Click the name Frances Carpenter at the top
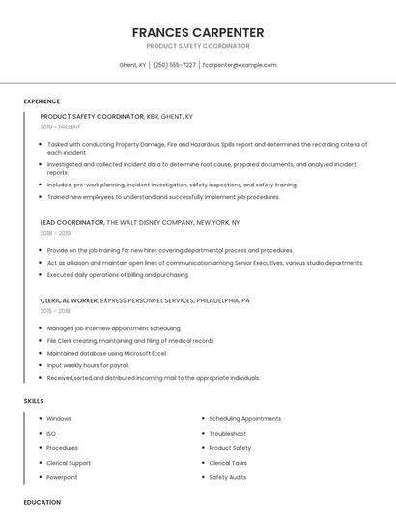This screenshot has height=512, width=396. (198, 32)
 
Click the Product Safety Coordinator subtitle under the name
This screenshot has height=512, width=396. (198, 46)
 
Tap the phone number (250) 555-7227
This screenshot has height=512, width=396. (174, 65)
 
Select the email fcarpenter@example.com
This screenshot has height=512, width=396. (240, 65)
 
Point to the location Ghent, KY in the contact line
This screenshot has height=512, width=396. (132, 65)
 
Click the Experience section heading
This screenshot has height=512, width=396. (42, 101)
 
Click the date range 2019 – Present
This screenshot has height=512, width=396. (60, 127)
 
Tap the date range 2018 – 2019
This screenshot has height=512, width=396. (55, 233)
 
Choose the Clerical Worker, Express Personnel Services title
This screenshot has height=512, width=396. (145, 300)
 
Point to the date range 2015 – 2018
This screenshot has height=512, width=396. (55, 311)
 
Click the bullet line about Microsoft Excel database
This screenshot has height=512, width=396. (107, 353)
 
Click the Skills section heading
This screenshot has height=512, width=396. (34, 400)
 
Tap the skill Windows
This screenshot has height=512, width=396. (59, 419)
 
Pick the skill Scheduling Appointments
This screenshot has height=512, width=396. (244, 419)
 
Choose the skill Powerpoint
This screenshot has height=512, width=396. (62, 477)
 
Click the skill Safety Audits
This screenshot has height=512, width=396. (228, 477)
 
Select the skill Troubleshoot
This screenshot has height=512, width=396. (229, 434)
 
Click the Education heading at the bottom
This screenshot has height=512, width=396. (42, 502)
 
